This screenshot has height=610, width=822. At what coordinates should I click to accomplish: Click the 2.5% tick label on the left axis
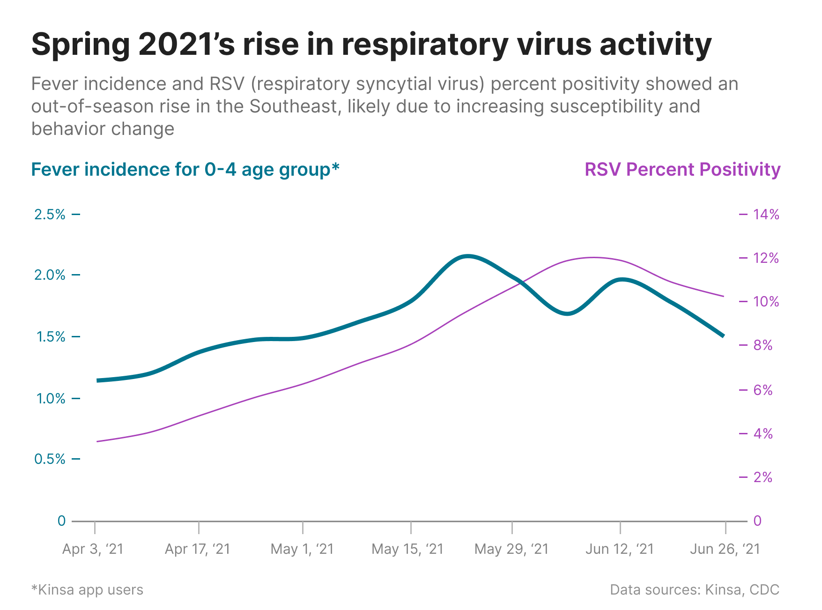pos(50,214)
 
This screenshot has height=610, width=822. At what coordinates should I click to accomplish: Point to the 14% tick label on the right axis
pos(766,214)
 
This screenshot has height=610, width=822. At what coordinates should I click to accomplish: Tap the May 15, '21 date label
pos(407,549)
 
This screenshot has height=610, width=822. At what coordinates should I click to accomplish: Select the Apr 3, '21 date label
pos(93,549)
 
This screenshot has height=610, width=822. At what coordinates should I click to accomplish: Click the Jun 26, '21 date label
pos(725,549)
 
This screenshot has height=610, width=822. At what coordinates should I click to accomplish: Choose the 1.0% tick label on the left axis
pos(50,398)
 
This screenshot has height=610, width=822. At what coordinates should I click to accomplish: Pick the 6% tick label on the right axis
pos(763,390)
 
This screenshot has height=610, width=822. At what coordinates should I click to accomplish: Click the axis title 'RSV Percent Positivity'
pos(682,169)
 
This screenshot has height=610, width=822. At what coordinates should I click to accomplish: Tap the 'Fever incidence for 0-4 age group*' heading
pos(185,169)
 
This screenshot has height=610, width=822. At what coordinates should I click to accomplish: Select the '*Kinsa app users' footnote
pos(87,589)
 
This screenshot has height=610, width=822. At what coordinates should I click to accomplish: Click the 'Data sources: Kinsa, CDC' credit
pos(695,589)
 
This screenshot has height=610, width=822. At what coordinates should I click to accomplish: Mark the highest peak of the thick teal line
pos(467,256)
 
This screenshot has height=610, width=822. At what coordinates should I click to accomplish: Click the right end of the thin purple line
pos(724,296)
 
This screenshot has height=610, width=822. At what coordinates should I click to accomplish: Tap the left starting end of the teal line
pos(97,380)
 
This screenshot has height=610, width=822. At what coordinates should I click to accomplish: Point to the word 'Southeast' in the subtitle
pos(293,106)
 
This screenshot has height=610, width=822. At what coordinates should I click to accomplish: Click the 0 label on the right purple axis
pos(757,521)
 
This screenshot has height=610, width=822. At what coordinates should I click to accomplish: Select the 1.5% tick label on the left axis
pos(50,336)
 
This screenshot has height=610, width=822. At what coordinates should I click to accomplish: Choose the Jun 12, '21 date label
pos(620,549)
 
